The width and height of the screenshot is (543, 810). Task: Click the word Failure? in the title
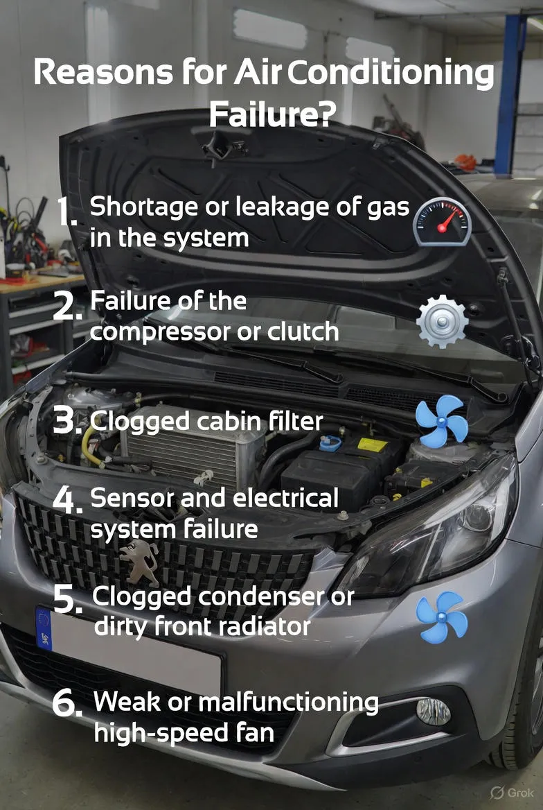272,114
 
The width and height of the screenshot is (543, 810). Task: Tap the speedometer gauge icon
443,222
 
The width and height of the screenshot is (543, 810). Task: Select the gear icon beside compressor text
442,321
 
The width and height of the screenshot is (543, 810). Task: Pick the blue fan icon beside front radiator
442,617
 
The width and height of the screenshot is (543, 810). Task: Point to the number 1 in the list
66,212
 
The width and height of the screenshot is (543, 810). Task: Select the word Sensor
132,498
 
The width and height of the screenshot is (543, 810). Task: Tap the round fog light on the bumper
433,712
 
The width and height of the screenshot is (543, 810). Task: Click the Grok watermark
512,793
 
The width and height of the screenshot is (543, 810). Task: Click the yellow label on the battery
373,445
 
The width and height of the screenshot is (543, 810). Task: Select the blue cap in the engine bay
330,442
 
